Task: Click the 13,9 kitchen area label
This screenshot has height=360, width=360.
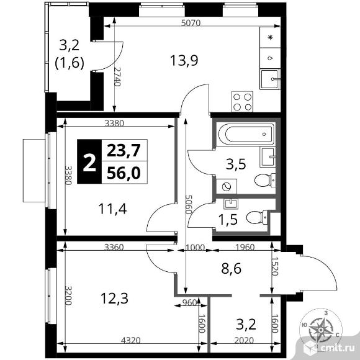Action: (x=181, y=60)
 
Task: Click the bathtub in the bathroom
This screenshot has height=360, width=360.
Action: (x=246, y=133)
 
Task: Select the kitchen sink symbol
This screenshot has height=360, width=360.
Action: (x=270, y=79)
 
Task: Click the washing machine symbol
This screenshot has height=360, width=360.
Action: (x=224, y=186)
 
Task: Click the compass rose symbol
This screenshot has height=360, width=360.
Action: (x=323, y=327)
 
